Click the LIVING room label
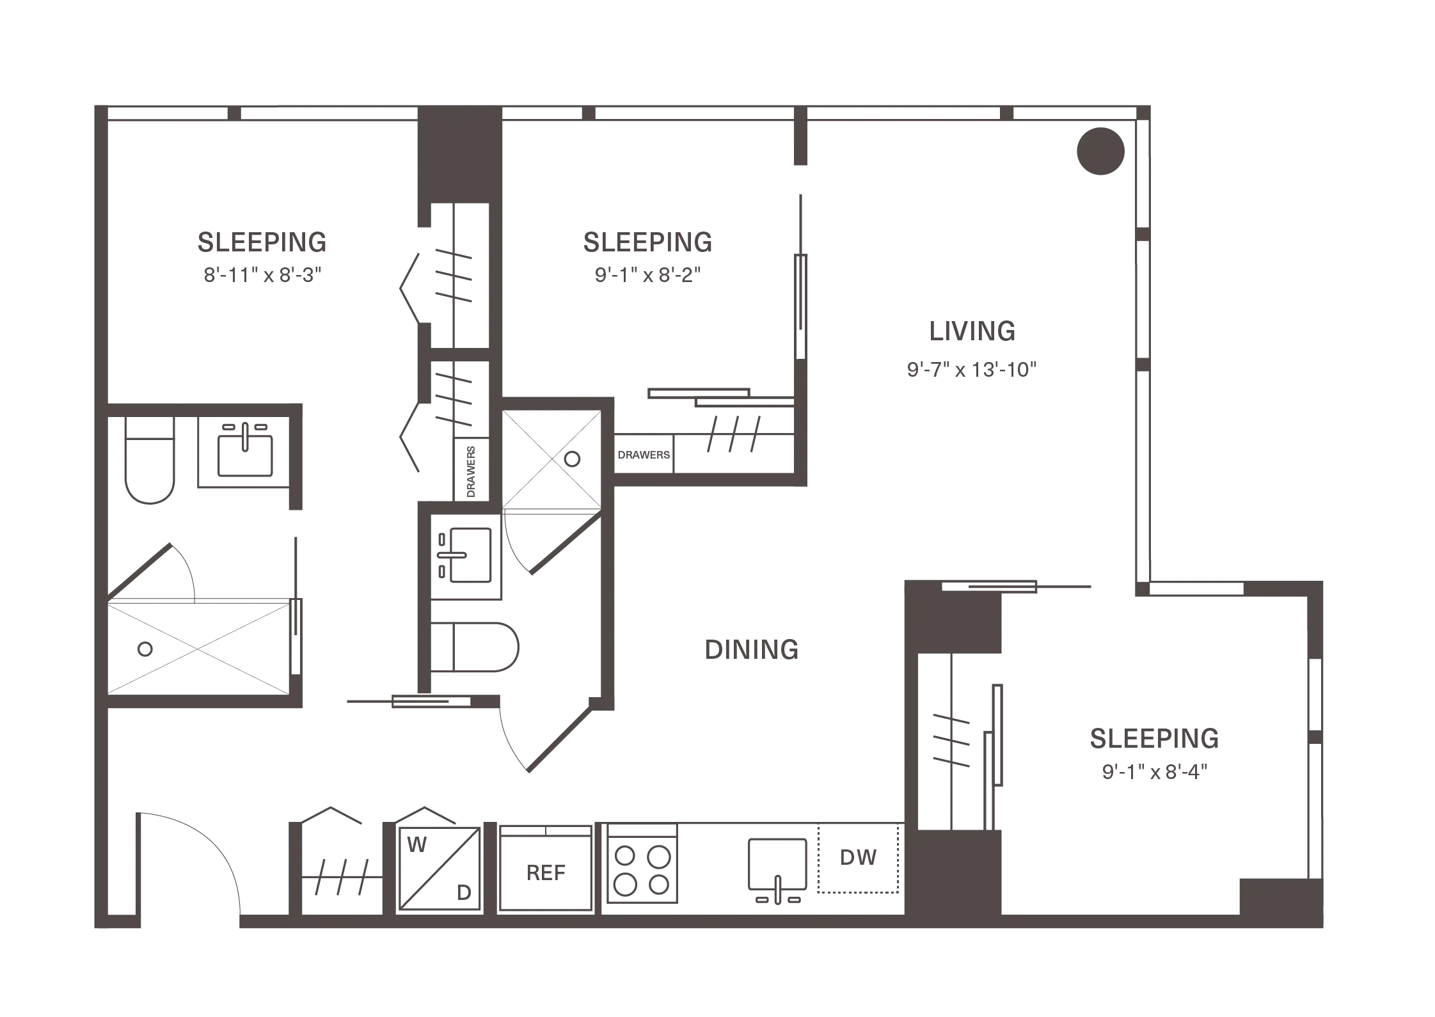tap(972, 331)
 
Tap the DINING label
tap(752, 650)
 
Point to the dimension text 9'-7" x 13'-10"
tap(971, 369)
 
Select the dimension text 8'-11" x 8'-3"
tap(262, 275)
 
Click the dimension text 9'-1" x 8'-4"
tap(1154, 772)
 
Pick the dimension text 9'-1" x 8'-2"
tap(647, 275)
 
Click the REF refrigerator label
tap(546, 873)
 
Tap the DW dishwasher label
tap(858, 858)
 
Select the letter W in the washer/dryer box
tap(416, 845)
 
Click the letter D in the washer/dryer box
tap(464, 892)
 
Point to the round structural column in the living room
tap(1100, 151)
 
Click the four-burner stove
tap(642, 863)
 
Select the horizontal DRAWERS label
tap(644, 455)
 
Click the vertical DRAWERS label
tap(472, 472)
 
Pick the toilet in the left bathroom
tap(150, 461)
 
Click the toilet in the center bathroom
tap(474, 647)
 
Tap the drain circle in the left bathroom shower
tap(145, 649)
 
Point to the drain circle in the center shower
tap(573, 459)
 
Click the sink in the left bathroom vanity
tap(245, 455)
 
